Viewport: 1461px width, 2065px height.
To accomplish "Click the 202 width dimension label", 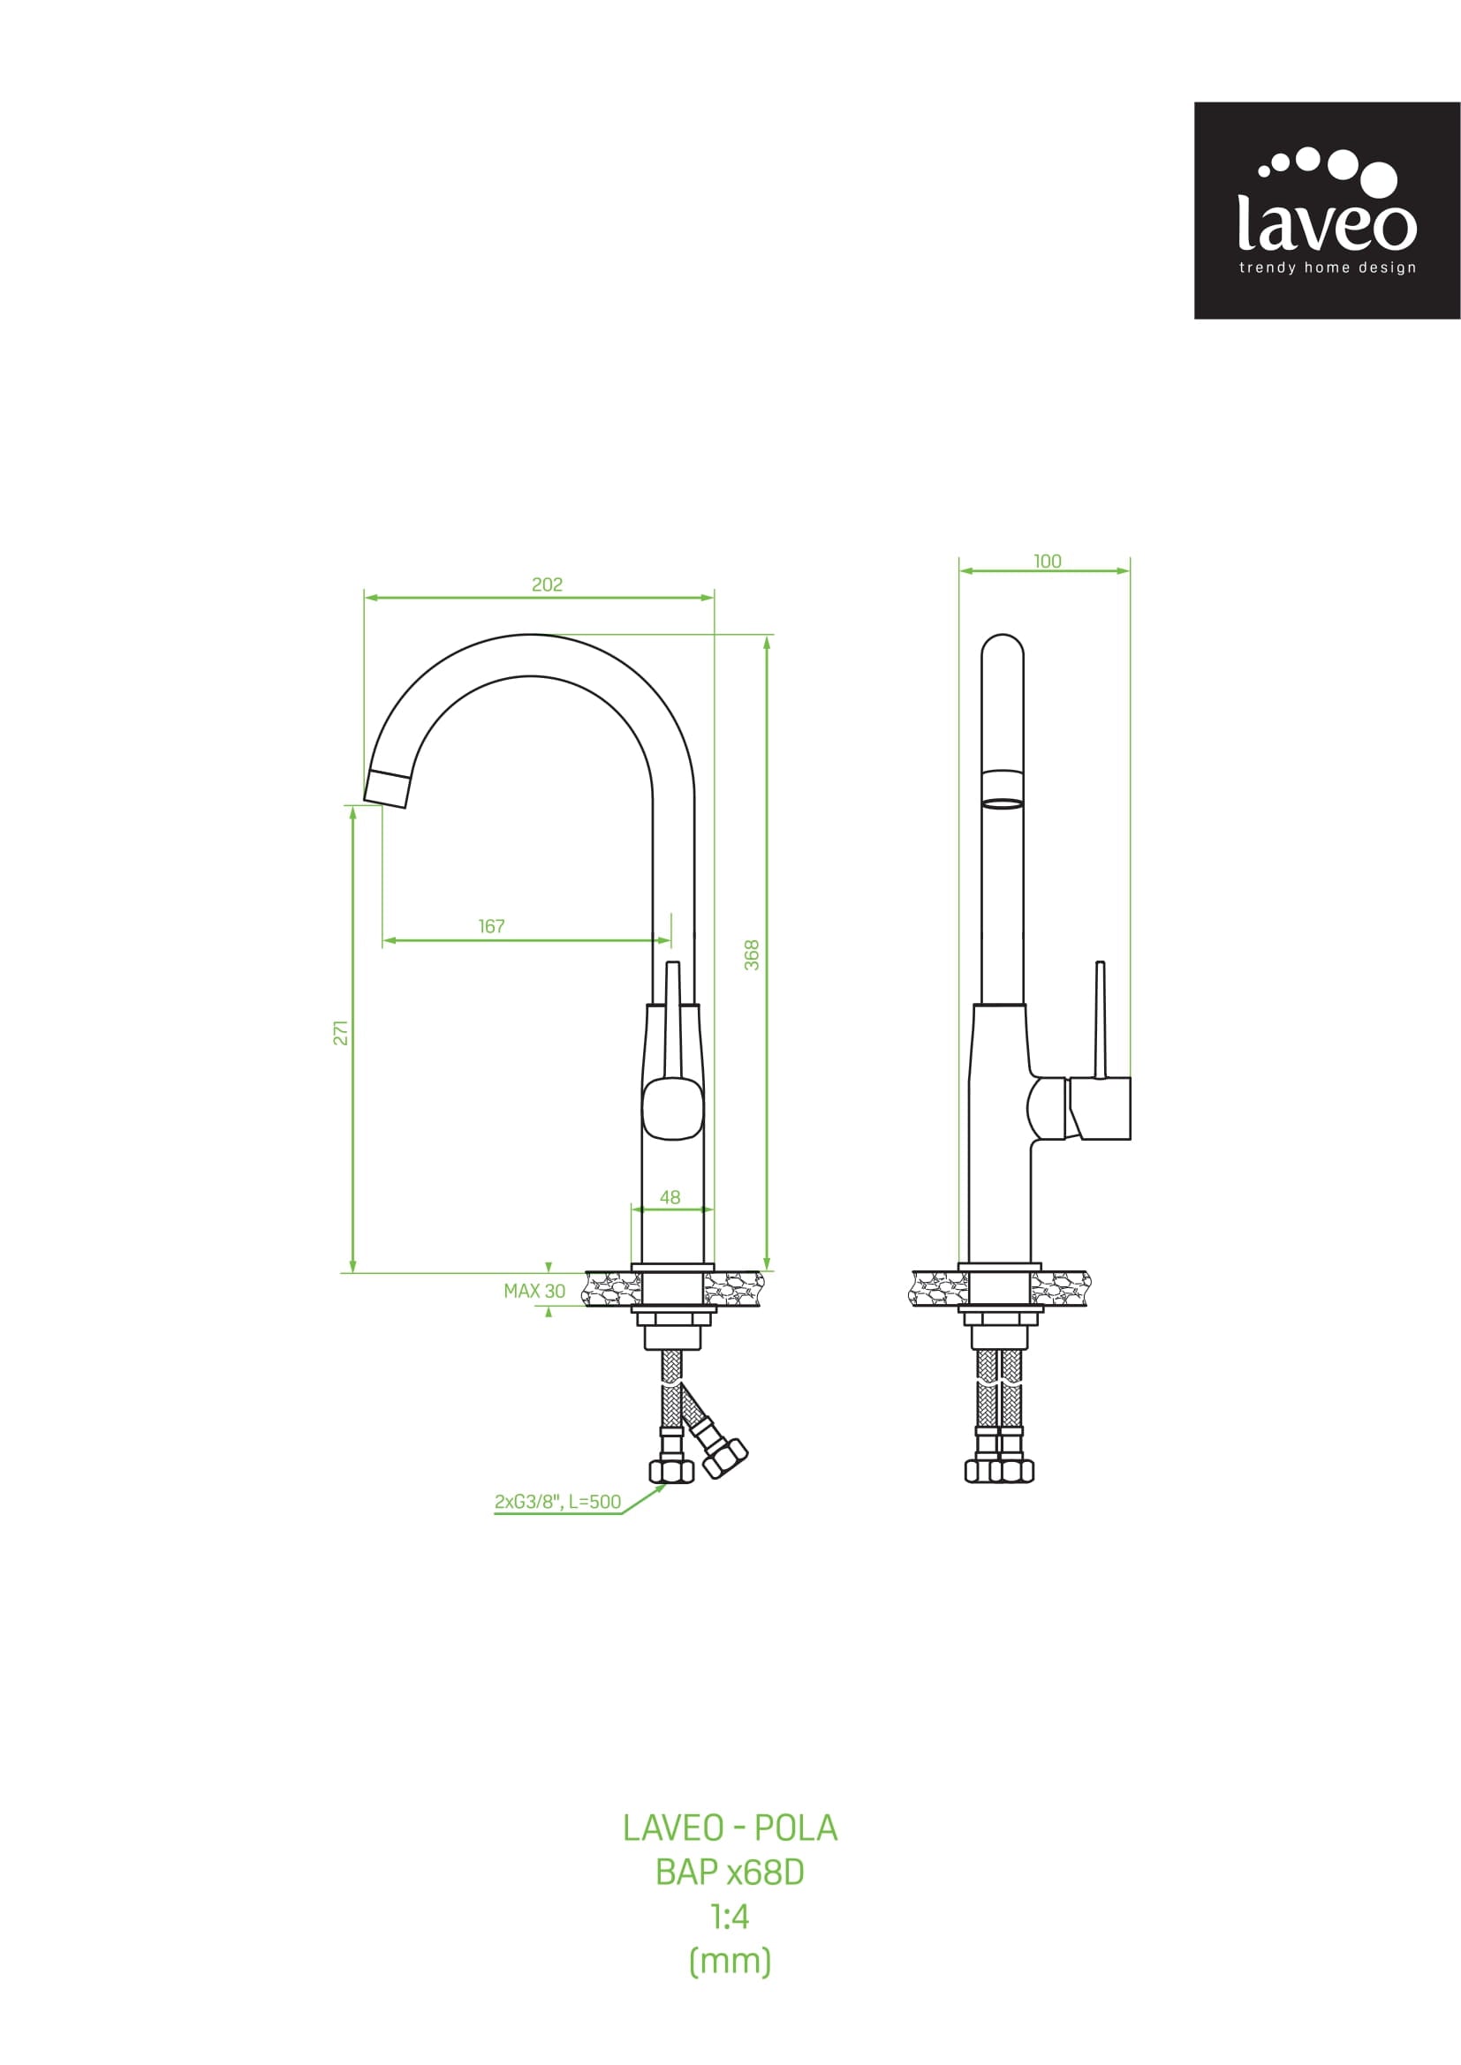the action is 547,584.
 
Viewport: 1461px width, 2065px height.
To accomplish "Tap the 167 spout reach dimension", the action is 491,926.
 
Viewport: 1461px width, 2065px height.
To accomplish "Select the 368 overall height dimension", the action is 752,955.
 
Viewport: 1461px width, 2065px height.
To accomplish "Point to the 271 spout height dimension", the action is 340,1033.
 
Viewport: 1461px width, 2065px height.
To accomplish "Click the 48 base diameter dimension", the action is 670,1197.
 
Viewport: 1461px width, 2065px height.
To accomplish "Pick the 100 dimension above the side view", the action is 1048,561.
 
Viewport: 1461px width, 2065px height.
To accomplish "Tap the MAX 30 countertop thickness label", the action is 534,1291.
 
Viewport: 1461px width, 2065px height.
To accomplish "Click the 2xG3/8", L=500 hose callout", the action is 557,1501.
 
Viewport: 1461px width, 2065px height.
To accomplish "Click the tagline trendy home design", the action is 1327,268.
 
